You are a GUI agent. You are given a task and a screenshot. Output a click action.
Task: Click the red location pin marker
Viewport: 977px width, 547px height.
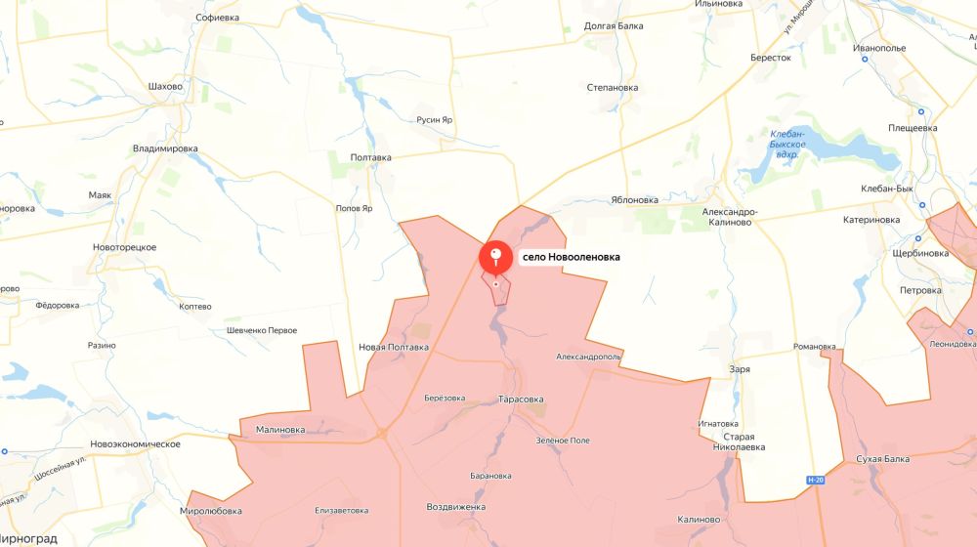click(496, 258)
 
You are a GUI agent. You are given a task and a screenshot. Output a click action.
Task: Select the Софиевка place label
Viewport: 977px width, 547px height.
click(217, 18)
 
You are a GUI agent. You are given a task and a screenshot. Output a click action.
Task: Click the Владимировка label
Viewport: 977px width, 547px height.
click(165, 148)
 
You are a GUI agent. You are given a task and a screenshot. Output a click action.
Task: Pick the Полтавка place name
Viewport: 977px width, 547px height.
click(370, 156)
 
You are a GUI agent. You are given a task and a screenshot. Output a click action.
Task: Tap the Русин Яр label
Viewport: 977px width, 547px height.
click(434, 120)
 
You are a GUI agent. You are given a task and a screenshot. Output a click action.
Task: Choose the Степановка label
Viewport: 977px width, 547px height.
click(613, 87)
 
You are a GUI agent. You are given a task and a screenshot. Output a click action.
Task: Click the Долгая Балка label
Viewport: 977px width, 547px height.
click(614, 26)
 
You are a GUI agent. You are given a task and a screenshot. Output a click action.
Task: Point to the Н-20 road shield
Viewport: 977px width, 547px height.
click(817, 480)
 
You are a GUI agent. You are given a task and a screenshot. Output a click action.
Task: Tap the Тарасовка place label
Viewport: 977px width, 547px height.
click(521, 400)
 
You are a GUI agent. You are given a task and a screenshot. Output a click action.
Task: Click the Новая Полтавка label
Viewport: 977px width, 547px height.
click(394, 347)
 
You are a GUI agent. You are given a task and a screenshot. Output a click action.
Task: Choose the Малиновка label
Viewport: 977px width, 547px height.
click(279, 429)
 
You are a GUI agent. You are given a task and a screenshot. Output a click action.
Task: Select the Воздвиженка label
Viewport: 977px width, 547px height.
click(456, 507)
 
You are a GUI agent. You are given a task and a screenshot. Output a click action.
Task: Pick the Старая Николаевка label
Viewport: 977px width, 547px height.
click(739, 442)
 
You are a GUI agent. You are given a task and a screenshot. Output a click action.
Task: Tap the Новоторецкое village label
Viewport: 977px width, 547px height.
click(125, 247)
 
